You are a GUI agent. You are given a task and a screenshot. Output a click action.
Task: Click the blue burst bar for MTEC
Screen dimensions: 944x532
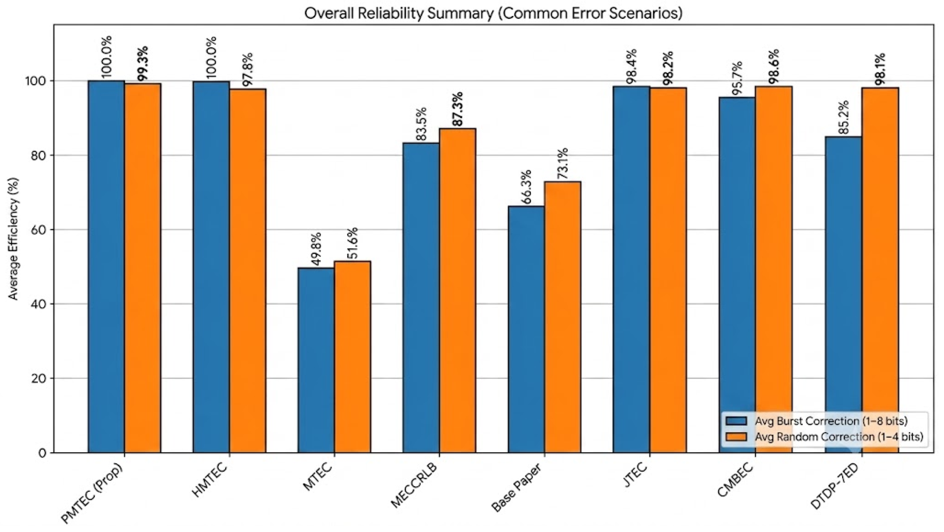pyautogui.click(x=316, y=360)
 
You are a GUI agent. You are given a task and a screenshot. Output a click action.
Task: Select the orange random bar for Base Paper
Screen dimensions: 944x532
pyautogui.click(x=562, y=317)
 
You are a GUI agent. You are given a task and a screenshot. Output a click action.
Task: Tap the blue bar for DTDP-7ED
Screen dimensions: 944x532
pyautogui.click(x=843, y=295)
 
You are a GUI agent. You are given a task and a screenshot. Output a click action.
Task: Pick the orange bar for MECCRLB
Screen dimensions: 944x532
pyautogui.click(x=457, y=291)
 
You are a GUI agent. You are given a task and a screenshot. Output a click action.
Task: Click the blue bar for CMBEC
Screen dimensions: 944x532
pyautogui.click(x=737, y=275)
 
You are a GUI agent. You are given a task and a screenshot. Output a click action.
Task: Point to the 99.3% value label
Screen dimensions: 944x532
pyautogui.click(x=143, y=64)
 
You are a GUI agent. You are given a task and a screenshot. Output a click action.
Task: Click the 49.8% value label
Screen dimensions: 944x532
pyautogui.click(x=316, y=249)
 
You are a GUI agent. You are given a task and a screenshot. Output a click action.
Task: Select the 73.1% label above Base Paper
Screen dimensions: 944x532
pyautogui.click(x=562, y=163)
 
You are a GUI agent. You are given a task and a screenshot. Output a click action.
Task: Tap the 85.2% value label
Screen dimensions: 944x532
pyautogui.click(x=843, y=117)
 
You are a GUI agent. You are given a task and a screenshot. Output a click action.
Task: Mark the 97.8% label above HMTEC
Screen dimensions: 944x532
pyautogui.click(x=247, y=70)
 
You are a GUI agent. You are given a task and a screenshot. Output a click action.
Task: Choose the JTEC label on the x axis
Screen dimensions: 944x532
pyautogui.click(x=635, y=475)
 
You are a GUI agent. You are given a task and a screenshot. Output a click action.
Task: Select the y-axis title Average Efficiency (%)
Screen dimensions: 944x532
pyautogui.click(x=14, y=238)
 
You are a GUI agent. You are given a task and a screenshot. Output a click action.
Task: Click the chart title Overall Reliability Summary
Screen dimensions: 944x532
pyautogui.click(x=399, y=13)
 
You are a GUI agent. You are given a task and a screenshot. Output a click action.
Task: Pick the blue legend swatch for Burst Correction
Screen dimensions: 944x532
pyautogui.click(x=736, y=421)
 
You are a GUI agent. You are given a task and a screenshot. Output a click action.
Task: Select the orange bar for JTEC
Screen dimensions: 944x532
pyautogui.click(x=668, y=270)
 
